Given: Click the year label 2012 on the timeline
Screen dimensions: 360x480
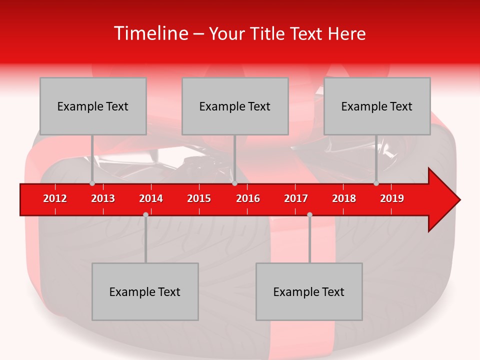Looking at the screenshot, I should point(55,198).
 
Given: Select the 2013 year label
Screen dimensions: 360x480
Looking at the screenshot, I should point(103,198).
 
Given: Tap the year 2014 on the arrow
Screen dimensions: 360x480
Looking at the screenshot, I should point(151,198).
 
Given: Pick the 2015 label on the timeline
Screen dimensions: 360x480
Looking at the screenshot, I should point(199,198).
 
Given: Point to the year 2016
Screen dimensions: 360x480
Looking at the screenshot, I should point(248,198).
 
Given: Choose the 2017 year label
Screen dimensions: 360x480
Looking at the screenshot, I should point(296,198).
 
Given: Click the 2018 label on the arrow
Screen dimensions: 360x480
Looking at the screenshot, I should point(344,198).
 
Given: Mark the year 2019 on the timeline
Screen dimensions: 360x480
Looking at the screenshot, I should point(392,198).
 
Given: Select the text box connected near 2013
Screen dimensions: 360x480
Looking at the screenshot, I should point(93,106).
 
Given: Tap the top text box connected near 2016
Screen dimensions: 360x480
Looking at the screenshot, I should point(235,106).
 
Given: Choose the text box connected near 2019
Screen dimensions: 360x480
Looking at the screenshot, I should point(377,106).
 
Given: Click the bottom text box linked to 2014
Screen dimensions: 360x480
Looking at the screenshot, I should point(145,291).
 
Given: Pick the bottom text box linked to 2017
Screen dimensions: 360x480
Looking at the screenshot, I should point(309,291).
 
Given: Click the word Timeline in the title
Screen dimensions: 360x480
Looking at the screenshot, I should point(150,33).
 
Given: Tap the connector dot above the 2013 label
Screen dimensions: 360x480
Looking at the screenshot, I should point(92,183).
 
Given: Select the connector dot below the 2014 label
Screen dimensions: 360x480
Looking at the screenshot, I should point(145,214).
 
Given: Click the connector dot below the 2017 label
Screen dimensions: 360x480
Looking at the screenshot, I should point(309,214).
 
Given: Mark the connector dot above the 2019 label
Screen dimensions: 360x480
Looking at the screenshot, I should point(376,183).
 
